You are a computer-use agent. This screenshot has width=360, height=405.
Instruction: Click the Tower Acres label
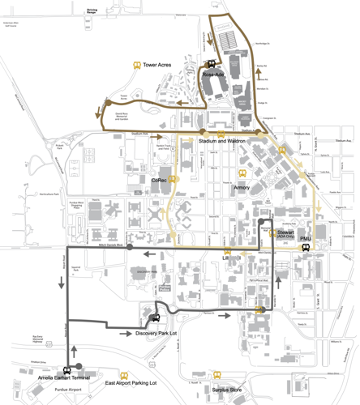click(157, 64)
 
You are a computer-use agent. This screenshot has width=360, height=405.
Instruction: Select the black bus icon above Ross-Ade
click(211, 64)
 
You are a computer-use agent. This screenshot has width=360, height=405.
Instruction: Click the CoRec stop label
click(160, 180)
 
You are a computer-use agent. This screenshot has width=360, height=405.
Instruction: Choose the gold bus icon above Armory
click(242, 173)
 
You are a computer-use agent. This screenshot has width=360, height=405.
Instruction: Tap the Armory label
click(242, 187)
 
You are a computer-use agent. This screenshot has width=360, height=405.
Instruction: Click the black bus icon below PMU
click(306, 249)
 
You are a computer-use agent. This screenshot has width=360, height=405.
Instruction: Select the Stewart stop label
click(285, 233)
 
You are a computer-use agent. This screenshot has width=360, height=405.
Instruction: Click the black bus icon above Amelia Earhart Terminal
click(66, 369)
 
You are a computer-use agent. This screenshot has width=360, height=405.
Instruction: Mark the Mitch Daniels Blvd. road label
click(110, 245)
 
